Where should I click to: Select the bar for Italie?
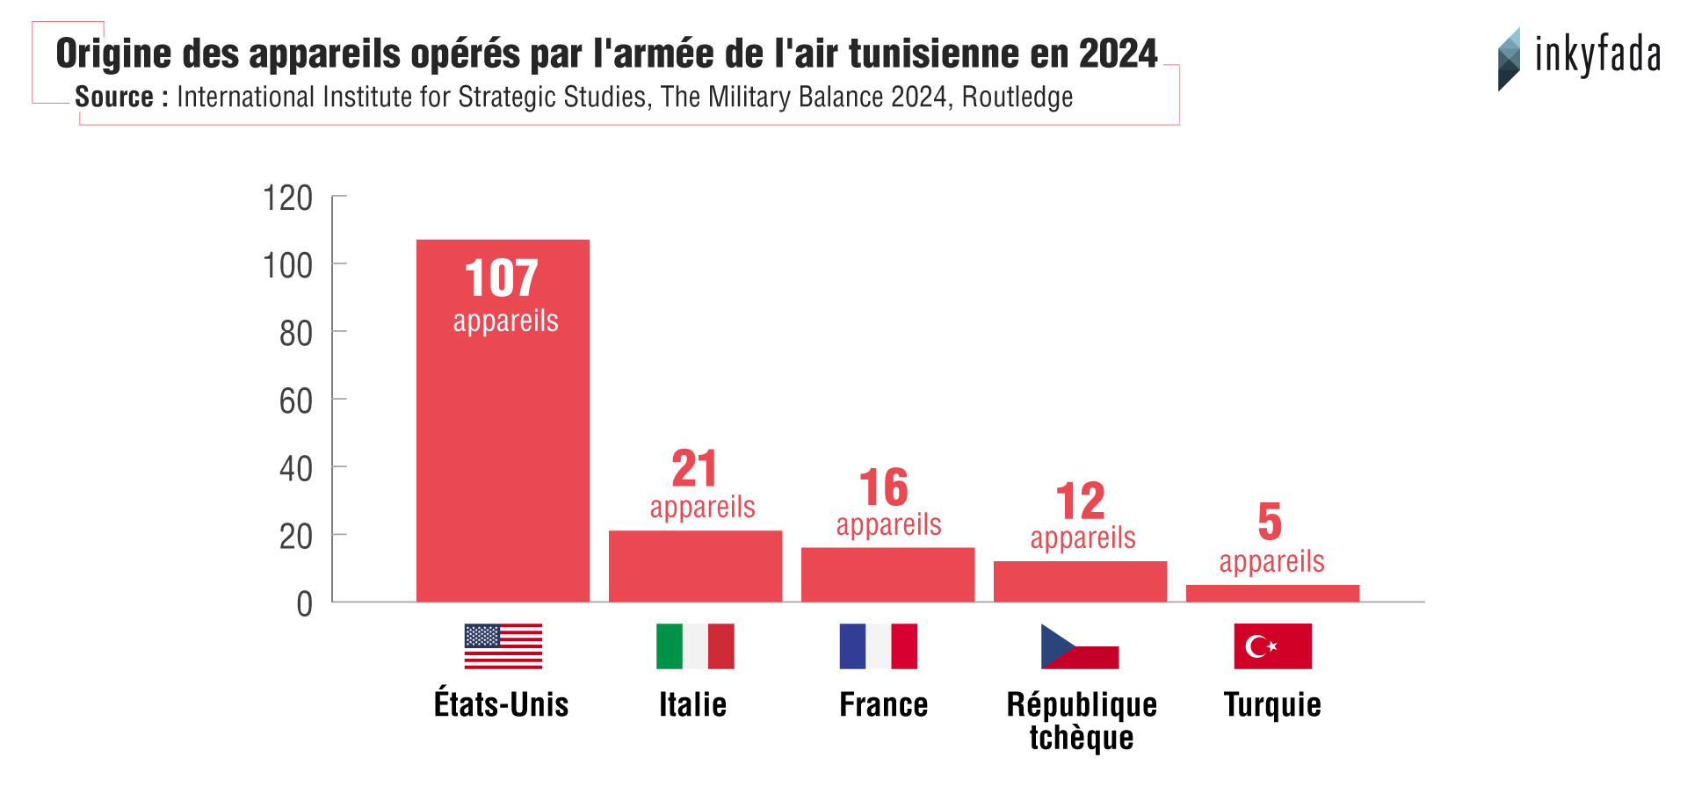click(695, 566)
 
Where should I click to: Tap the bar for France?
click(887, 574)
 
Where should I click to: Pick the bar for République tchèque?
click(1080, 581)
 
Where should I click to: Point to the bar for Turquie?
click(1272, 593)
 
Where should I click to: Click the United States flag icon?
click(503, 646)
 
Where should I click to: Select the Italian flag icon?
click(695, 646)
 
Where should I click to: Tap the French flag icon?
click(878, 646)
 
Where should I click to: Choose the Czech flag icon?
click(1080, 646)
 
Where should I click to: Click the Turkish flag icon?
click(1272, 646)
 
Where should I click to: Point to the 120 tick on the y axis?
click(287, 198)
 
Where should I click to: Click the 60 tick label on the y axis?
click(295, 401)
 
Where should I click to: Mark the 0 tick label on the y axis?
click(304, 604)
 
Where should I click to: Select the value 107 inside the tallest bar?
click(501, 279)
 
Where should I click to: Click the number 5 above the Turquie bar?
click(1270, 522)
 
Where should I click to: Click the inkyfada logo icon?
click(1509, 59)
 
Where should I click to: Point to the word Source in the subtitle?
click(114, 97)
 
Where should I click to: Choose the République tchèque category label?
click(1082, 720)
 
